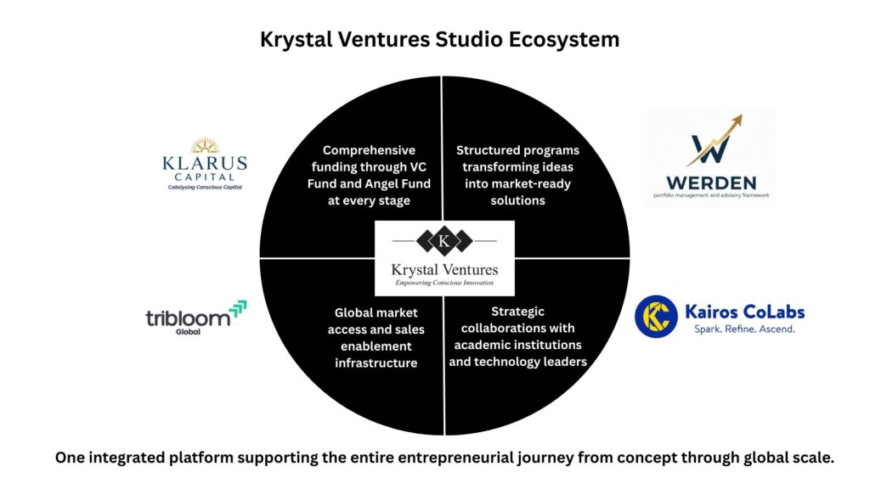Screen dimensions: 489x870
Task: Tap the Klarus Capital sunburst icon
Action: tap(205, 146)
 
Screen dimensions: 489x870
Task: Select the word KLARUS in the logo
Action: tap(205, 162)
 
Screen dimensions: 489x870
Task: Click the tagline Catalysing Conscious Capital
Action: tap(205, 186)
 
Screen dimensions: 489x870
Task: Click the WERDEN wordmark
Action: tap(710, 181)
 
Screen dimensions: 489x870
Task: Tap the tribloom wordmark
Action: tap(187, 319)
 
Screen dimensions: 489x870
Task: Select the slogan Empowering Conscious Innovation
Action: tap(444, 283)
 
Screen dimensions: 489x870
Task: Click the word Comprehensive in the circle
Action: tap(369, 150)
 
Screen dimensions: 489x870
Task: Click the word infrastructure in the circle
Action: tap(372, 363)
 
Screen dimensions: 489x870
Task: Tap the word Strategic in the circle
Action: tap(517, 312)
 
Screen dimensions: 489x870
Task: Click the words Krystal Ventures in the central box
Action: tap(444, 269)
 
